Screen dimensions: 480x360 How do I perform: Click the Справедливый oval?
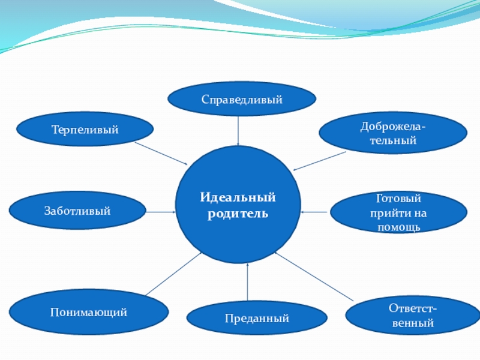pyautogui.click(x=242, y=99)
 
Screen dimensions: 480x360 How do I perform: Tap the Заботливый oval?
pyautogui.click(x=77, y=211)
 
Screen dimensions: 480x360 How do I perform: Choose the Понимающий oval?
pyautogui.click(x=89, y=312)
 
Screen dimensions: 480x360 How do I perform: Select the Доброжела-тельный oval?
pyautogui.click(x=393, y=133)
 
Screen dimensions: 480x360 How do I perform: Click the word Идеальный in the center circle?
pyautogui.click(x=238, y=197)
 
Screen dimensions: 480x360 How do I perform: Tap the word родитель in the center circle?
pyautogui.click(x=238, y=214)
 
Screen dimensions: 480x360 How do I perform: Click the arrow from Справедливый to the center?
pyautogui.click(x=239, y=131)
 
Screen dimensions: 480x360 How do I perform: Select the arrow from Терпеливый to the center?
pyautogui.click(x=161, y=154)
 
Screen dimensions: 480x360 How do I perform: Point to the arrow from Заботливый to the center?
pyautogui.click(x=160, y=211)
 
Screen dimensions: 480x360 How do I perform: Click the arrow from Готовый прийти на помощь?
pyautogui.click(x=315, y=211)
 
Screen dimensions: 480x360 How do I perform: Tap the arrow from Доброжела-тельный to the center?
pyautogui.click(x=320, y=161)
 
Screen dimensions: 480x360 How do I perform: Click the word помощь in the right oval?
pyautogui.click(x=399, y=227)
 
